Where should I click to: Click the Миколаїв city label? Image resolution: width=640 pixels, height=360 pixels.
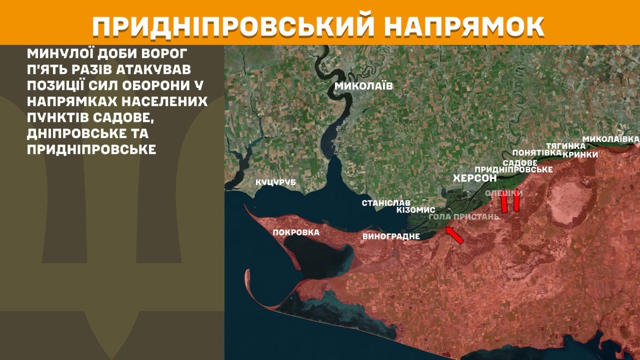363,86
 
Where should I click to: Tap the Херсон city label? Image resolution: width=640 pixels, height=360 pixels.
474,178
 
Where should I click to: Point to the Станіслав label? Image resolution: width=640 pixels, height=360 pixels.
386,203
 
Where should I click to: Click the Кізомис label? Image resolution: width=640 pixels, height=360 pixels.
415,210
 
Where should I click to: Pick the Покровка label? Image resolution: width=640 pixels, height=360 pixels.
296,232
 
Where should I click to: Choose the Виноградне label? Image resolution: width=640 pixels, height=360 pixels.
391,236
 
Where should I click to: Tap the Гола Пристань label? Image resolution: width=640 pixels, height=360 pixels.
464,217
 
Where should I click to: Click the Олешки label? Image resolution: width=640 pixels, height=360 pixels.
504,193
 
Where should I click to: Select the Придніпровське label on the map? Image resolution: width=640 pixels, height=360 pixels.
513,170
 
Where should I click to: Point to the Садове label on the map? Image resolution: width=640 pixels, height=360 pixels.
520,163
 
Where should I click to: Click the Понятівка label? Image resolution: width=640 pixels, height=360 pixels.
533,153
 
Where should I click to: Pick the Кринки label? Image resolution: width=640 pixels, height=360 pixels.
580,154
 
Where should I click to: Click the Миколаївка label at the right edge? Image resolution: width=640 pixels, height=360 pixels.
611,138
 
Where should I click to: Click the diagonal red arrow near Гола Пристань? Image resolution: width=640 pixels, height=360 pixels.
454,235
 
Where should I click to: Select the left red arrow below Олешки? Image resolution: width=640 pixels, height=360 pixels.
504,202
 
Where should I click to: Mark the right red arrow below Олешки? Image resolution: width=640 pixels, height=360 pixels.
516,202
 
